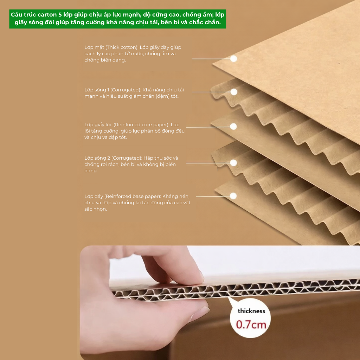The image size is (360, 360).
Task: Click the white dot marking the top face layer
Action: point(233,59)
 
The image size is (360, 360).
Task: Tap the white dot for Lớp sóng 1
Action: point(234,92)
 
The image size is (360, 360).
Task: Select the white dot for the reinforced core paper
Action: point(233,127)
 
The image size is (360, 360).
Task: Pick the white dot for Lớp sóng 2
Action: point(233,163)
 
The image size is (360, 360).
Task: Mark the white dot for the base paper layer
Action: point(233,196)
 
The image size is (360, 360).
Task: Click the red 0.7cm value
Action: point(251,324)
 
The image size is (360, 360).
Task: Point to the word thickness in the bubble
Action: point(251,311)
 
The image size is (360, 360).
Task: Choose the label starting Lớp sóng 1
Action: point(134,93)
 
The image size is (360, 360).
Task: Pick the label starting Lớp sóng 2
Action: point(131,165)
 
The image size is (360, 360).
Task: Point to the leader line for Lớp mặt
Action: point(211,59)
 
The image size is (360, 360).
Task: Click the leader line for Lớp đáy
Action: point(213,196)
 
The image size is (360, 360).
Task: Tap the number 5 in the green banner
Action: point(60,15)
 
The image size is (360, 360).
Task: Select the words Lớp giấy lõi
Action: point(98,125)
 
